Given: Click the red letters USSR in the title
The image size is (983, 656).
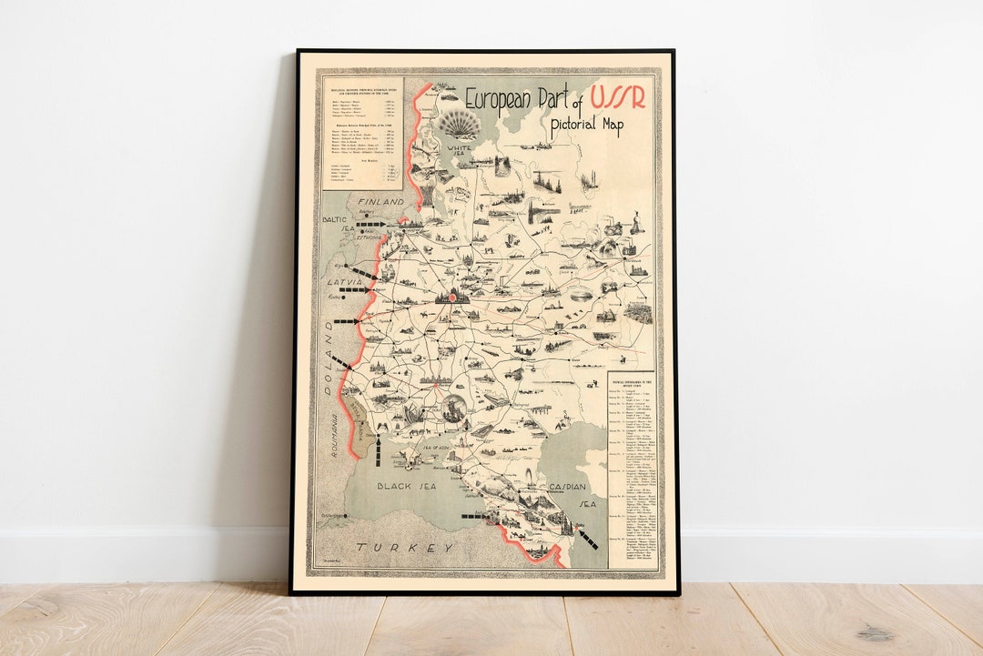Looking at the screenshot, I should [x=618, y=97].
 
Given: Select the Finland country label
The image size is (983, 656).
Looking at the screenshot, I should [x=380, y=201].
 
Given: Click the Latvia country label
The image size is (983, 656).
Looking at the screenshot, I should [x=344, y=283].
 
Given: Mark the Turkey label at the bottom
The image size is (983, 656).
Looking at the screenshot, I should [x=405, y=547].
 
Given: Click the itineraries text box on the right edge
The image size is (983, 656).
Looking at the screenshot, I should [x=633, y=469].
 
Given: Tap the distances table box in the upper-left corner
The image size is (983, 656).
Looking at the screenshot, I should [x=362, y=132].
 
